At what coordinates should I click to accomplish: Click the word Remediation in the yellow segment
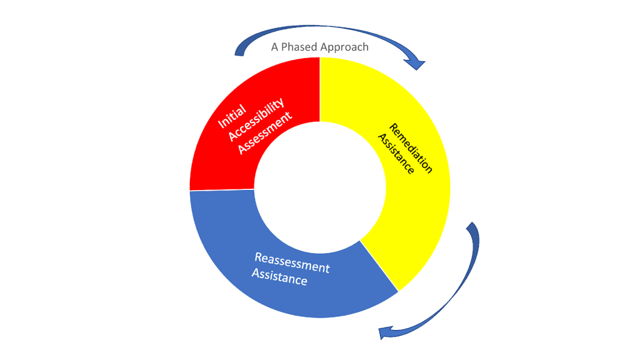(x=411, y=148)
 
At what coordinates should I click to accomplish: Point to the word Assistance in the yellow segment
(x=396, y=154)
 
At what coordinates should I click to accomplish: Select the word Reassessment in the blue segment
(x=292, y=262)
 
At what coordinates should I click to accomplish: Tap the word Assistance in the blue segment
(x=279, y=276)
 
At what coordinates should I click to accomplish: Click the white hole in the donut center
(x=319, y=187)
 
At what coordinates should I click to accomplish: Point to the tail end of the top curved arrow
(x=237, y=52)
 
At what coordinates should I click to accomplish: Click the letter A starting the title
(x=274, y=47)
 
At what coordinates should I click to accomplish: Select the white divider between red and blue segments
(x=222, y=190)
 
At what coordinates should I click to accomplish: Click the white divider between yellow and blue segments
(x=379, y=266)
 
